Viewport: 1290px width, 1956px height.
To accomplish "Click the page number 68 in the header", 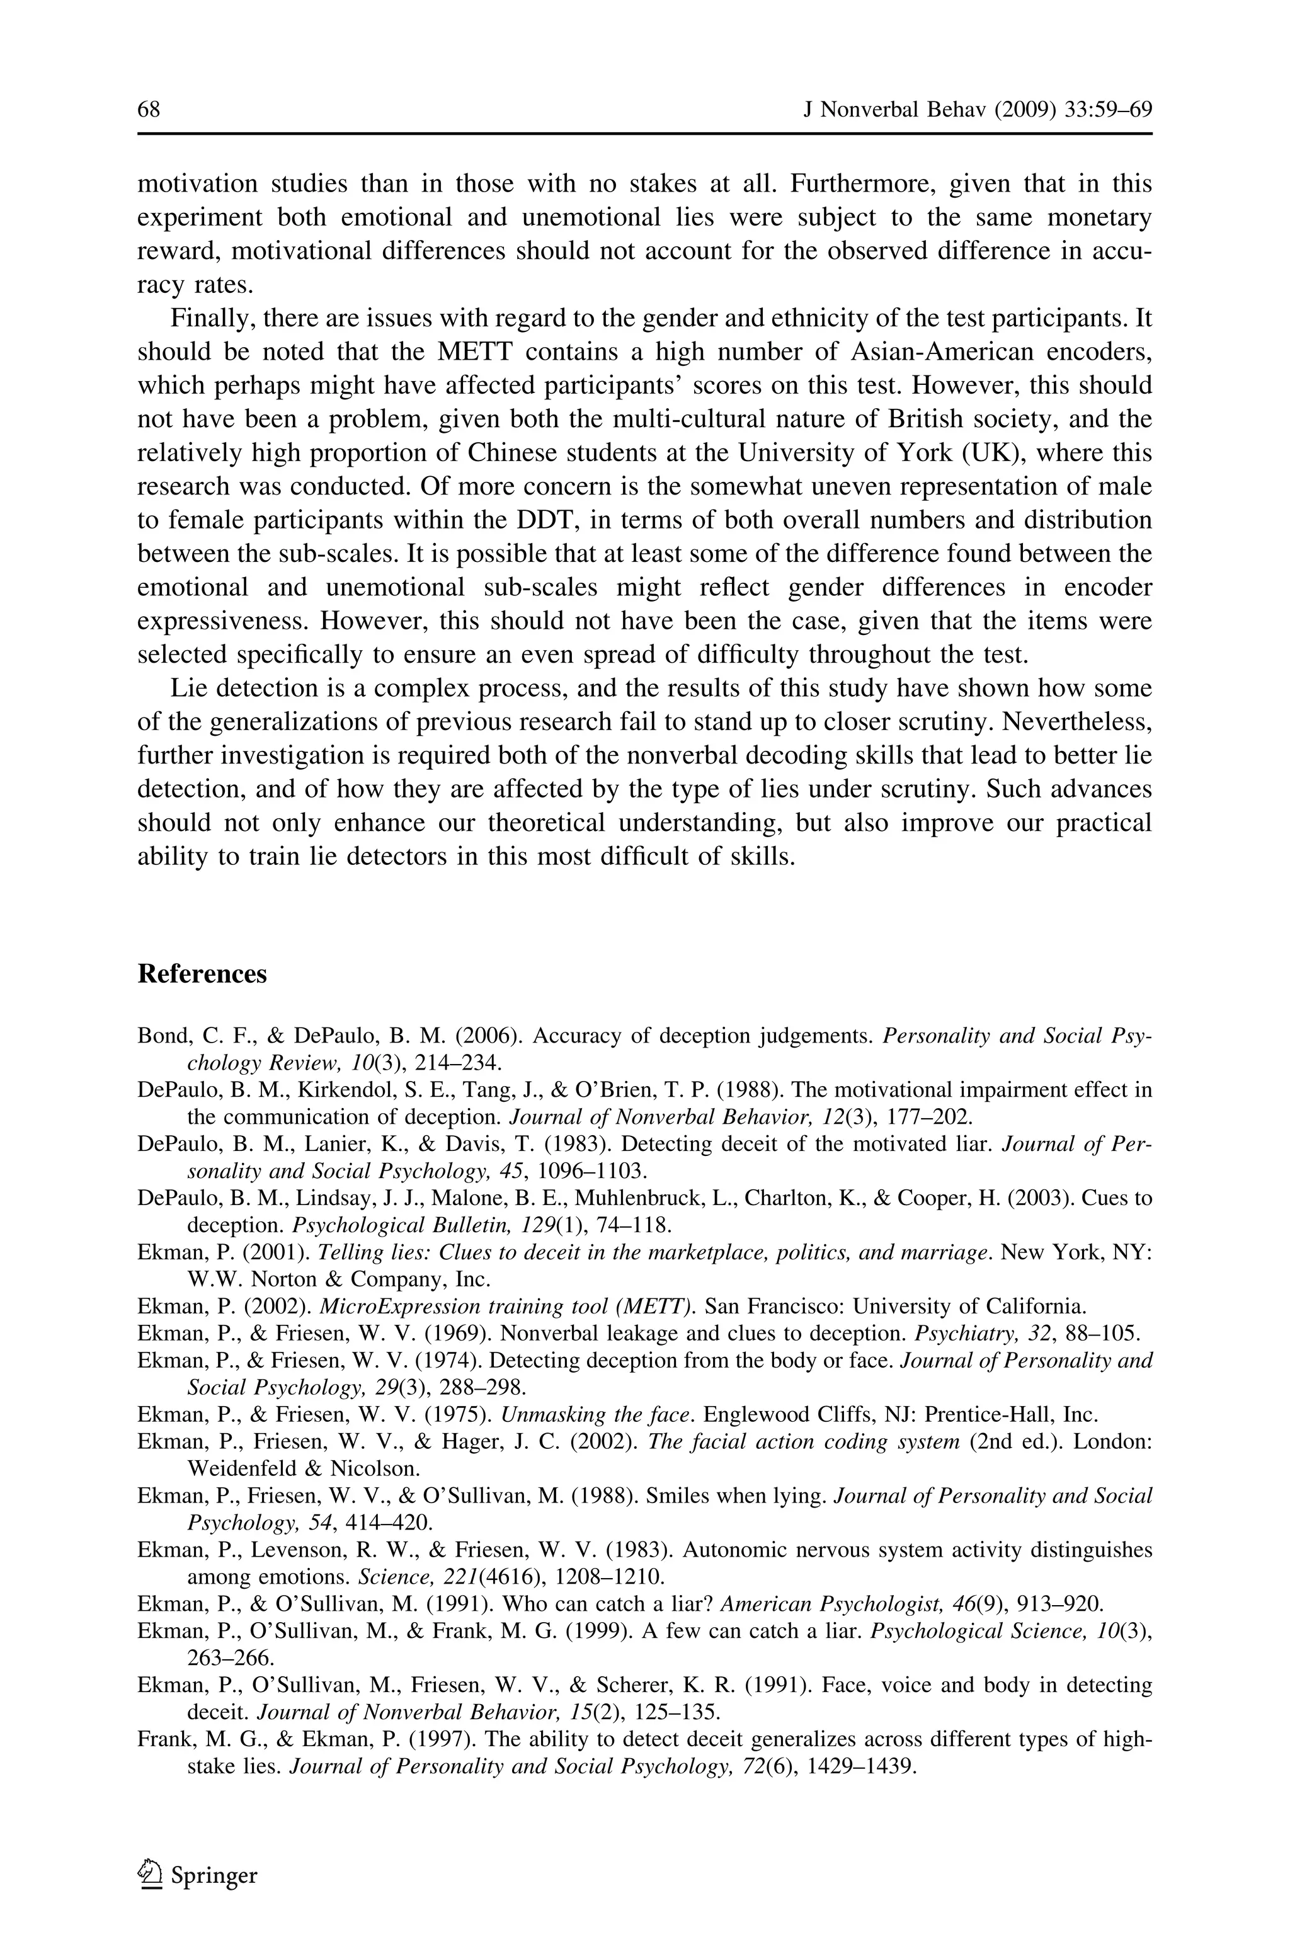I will pos(149,110).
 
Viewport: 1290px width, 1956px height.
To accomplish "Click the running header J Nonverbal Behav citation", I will pos(976,110).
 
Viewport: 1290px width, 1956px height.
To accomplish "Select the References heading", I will pos(202,974).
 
